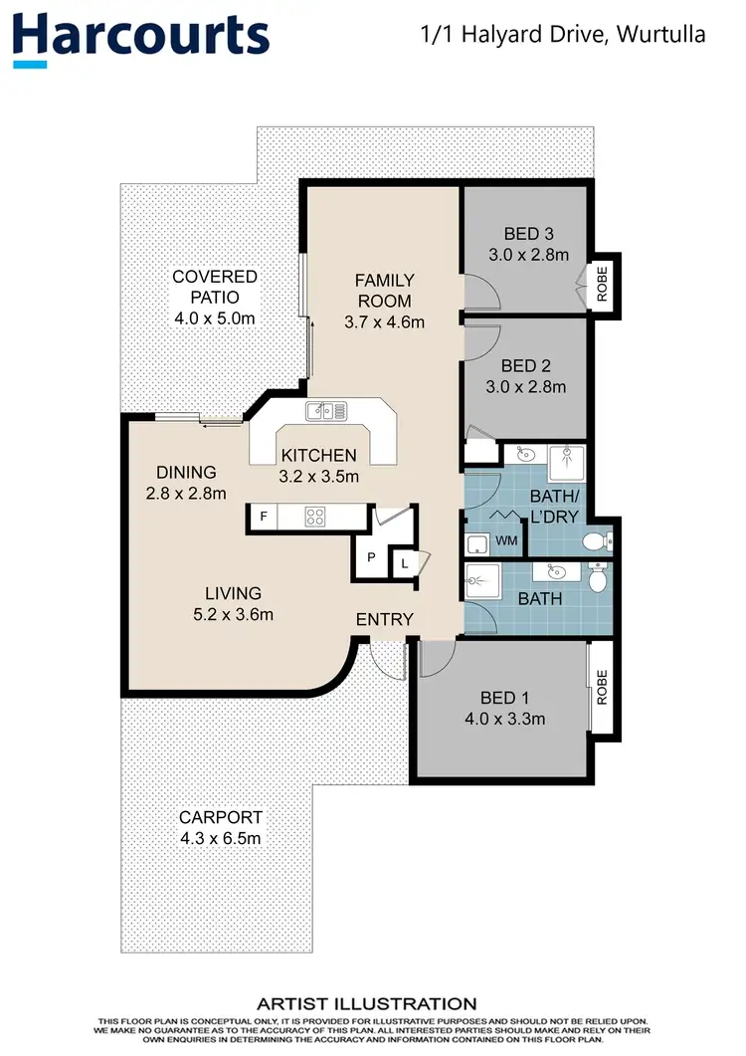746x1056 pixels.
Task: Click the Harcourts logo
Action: (x=140, y=36)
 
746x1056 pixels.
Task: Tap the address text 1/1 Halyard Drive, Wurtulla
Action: (x=564, y=35)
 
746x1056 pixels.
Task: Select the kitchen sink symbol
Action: (x=325, y=409)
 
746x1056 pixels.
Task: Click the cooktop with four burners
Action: (x=316, y=517)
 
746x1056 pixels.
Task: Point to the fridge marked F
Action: (x=264, y=517)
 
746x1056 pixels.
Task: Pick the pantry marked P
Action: (x=370, y=558)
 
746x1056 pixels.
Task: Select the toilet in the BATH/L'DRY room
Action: (x=596, y=541)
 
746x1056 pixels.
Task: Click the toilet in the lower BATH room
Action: (x=597, y=578)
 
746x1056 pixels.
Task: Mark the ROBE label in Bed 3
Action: (x=602, y=282)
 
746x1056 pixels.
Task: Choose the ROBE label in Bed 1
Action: (x=601, y=686)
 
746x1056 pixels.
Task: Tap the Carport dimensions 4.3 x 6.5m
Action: (x=220, y=838)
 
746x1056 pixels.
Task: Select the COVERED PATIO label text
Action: (x=214, y=287)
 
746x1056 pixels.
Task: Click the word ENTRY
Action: (x=384, y=619)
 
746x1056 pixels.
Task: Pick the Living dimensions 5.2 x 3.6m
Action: (x=234, y=614)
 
